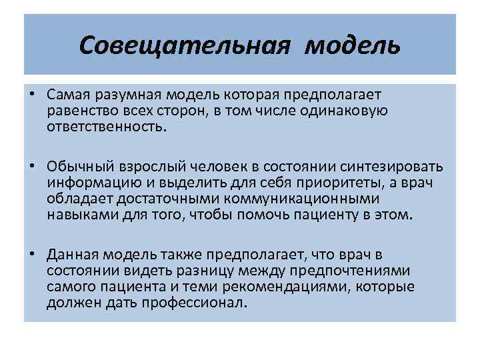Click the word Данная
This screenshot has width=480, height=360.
(69, 255)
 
